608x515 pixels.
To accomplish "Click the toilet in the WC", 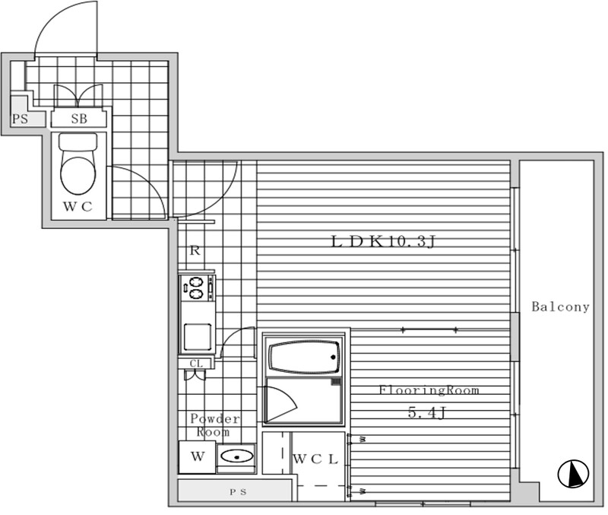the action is pos(78,164).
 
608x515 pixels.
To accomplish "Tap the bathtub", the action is pos(303,356).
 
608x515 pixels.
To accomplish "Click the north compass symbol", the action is pos(573,473).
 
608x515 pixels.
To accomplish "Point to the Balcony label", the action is pos(560,307).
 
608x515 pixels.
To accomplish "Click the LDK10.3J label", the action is pos(384,241).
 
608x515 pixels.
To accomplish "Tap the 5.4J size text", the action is pos(426,412).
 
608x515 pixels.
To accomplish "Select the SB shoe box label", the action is pos(79,119).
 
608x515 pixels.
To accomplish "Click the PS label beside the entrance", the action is pos(21,119).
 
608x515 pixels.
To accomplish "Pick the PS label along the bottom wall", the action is pos(238,492).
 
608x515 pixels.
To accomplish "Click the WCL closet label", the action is pos(315,459).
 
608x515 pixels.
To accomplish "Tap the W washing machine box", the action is pos(198,456).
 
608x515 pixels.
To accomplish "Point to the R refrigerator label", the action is pos(195,250).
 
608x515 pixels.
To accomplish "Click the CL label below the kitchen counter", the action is pos(196,364).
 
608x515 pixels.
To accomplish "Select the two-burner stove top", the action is pos(196,288).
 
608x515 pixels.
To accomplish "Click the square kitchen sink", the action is pos(198,337).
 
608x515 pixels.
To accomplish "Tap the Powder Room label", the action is pos(215,425).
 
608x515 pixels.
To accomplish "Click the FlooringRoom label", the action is pos(429,389).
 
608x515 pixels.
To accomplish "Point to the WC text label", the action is pos(78,206).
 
